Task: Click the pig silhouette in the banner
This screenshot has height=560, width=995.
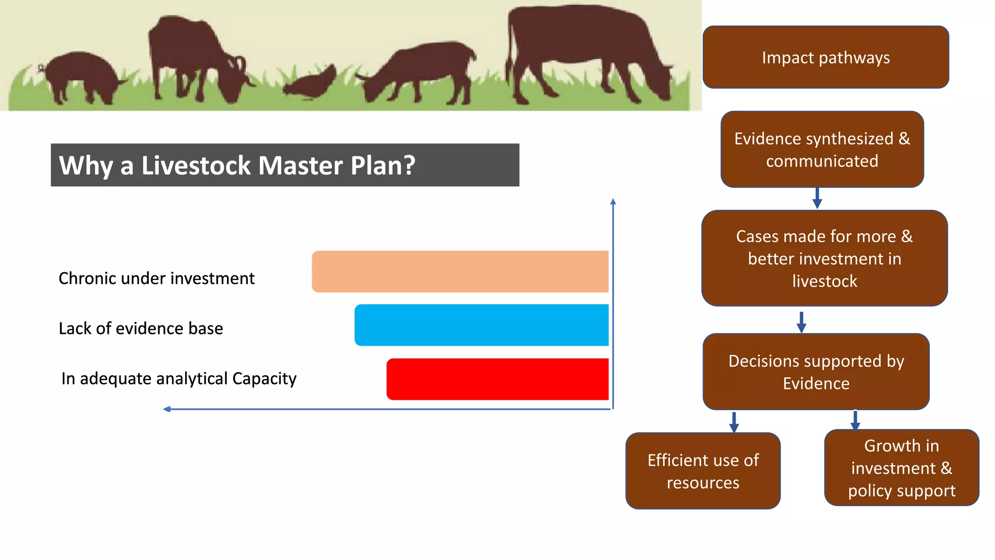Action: point(83,75)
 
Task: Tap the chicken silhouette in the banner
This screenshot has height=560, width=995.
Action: point(311,83)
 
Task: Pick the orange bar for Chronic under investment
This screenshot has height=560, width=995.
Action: point(460,272)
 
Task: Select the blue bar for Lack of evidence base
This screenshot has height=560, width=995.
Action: point(481,325)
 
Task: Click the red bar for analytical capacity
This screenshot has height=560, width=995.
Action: point(497,379)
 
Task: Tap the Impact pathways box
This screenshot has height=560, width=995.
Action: point(825,57)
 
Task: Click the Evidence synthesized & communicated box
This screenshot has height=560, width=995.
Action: point(822,149)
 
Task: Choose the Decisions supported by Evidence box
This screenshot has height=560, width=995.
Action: point(816,372)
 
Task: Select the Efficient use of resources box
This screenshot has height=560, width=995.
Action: point(703,471)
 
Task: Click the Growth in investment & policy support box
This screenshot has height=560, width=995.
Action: point(901,468)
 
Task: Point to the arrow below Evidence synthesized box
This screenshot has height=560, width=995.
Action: point(817,198)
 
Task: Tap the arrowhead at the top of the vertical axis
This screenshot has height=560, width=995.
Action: point(613,201)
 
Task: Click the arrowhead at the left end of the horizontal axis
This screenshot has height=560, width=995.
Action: point(167,409)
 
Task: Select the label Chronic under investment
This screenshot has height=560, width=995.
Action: point(156,279)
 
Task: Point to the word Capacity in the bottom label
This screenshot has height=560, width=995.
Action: point(264,379)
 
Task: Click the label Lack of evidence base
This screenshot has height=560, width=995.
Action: point(141,329)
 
